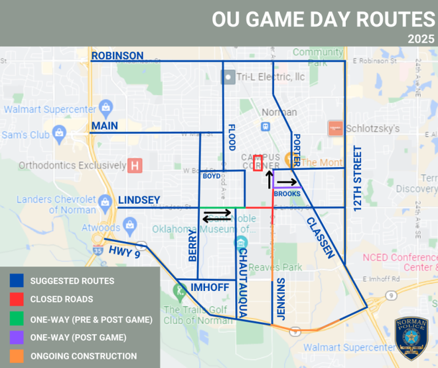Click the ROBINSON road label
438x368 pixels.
(x=117, y=55)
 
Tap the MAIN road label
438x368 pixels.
(x=105, y=126)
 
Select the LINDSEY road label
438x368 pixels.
(x=139, y=200)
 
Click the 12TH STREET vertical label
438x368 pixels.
(x=358, y=179)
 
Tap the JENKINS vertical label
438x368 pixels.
(x=281, y=300)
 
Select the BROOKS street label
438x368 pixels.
(x=287, y=194)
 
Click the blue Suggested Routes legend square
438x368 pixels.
(x=17, y=281)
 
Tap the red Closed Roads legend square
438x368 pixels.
(x=17, y=300)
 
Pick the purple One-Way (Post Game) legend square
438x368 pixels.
(x=17, y=337)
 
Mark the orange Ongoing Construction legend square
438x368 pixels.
(x=17, y=356)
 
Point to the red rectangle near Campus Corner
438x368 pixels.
(x=257, y=163)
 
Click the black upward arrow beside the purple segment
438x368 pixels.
(x=269, y=179)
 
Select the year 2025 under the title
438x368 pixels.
(x=421, y=39)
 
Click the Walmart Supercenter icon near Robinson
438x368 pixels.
(x=105, y=108)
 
